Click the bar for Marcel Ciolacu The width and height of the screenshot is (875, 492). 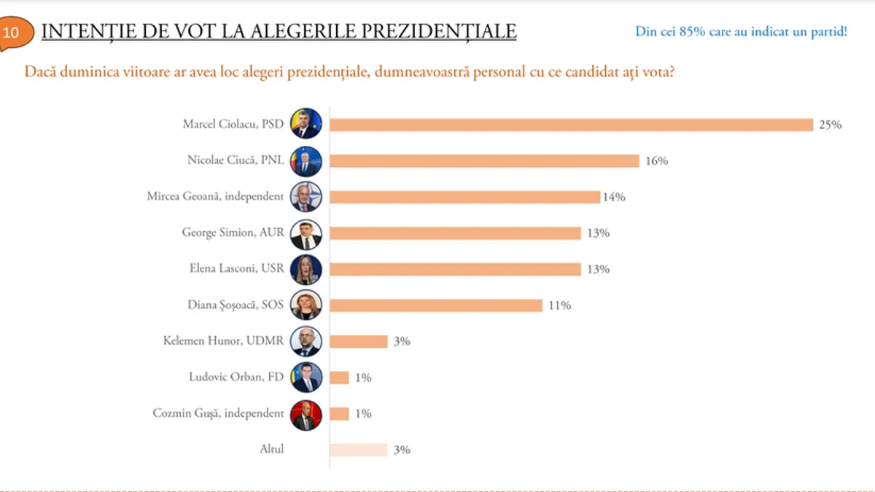pyautogui.click(x=571, y=125)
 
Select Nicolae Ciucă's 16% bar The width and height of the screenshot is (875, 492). pyautogui.click(x=484, y=161)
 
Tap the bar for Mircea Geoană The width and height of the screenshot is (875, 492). pyautogui.click(x=464, y=197)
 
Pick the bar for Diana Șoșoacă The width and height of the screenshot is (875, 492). pyautogui.click(x=436, y=305)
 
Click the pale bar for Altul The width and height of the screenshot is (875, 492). pyautogui.click(x=358, y=450)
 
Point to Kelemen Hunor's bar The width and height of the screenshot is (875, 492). pyautogui.click(x=358, y=341)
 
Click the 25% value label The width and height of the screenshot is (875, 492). pyautogui.click(x=830, y=125)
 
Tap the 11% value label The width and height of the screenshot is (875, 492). pyautogui.click(x=559, y=305)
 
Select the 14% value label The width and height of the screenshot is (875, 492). pyautogui.click(x=613, y=197)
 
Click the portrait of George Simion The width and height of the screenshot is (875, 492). pyautogui.click(x=306, y=233)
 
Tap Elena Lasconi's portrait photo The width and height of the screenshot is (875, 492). pyautogui.click(x=306, y=270)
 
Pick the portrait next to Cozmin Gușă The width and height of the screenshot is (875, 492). pyautogui.click(x=306, y=414)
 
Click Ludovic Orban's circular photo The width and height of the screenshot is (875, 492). pyautogui.click(x=306, y=378)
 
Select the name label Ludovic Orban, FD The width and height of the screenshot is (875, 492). pyautogui.click(x=236, y=378)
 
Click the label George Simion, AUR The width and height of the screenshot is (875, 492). pyautogui.click(x=232, y=233)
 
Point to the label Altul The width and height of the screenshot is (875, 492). pyautogui.click(x=271, y=450)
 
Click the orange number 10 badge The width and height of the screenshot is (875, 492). pyautogui.click(x=12, y=33)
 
